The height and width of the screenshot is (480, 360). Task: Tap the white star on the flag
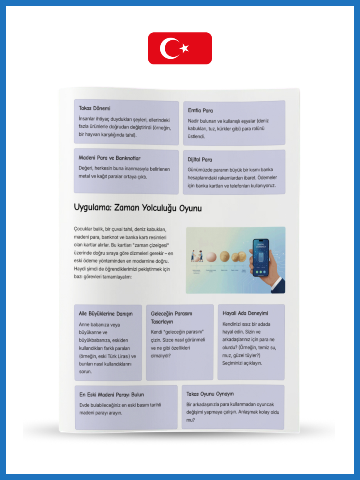[x=184, y=48]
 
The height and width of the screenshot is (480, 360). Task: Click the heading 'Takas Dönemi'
[x=94, y=108]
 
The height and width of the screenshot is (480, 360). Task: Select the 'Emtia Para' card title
[x=200, y=110]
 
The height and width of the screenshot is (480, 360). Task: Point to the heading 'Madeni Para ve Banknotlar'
[x=110, y=158]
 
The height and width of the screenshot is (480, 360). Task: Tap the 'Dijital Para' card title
[x=200, y=160]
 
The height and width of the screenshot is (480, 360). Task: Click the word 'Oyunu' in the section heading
[x=190, y=208]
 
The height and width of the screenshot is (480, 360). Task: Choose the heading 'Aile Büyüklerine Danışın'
[x=106, y=314]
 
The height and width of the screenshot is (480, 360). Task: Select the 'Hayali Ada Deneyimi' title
[x=245, y=313]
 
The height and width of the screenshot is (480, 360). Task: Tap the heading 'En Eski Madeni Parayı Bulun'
[x=112, y=395]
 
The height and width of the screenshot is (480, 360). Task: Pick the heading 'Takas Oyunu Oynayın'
[x=210, y=394]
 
